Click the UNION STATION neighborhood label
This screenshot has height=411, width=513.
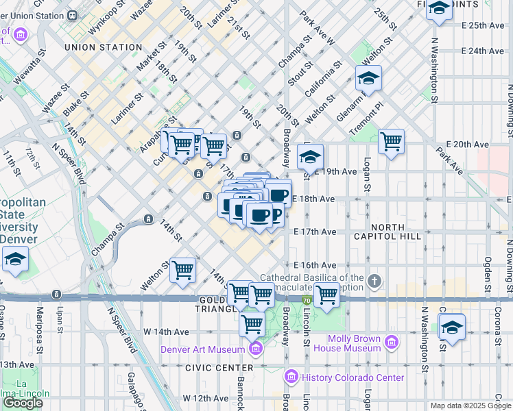click(x=103, y=47)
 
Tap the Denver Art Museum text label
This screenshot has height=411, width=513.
click(x=203, y=350)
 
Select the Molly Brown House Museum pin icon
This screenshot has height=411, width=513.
click(x=392, y=340)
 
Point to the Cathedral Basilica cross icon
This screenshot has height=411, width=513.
click(x=374, y=281)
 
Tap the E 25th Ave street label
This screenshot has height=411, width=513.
click(x=483, y=25)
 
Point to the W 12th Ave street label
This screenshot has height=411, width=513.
click(x=205, y=398)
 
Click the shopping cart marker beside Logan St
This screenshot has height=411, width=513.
click(x=391, y=142)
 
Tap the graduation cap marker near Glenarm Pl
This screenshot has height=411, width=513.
click(x=368, y=79)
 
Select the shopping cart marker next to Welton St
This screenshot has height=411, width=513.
click(x=182, y=269)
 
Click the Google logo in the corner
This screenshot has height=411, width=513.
click(x=23, y=403)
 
